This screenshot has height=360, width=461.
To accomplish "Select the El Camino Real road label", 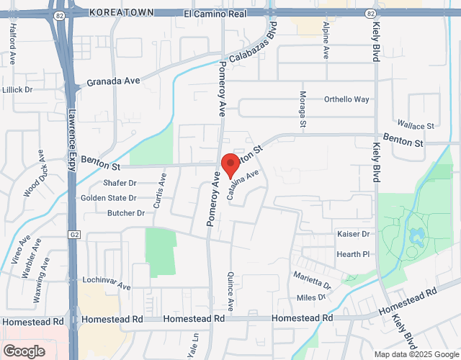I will pyautogui.click(x=216, y=13).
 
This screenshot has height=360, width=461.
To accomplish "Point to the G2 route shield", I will pyautogui.click(x=74, y=235).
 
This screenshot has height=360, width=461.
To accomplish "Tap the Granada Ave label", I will pyautogui.click(x=113, y=82).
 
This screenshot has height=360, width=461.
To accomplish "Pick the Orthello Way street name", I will pyautogui.click(x=346, y=99).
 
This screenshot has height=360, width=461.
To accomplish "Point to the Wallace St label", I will pyautogui.click(x=416, y=125).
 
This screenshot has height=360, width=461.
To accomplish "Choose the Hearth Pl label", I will pyautogui.click(x=353, y=254).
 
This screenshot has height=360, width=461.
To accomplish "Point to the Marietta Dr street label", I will pyautogui.click(x=312, y=281).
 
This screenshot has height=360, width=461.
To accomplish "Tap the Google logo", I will pyautogui.click(x=23, y=351).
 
